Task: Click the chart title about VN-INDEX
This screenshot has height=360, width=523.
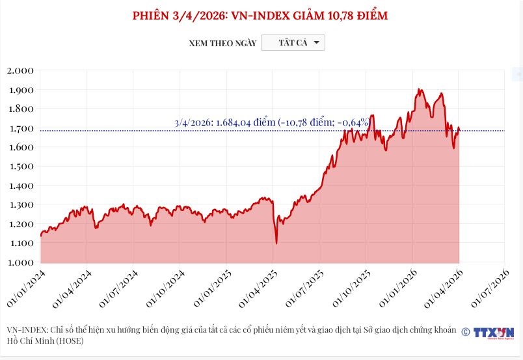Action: (260, 15)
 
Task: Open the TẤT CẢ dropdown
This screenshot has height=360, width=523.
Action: (292, 43)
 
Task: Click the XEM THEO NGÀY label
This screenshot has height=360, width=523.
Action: (222, 44)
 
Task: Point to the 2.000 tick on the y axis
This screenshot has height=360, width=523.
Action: (20, 70)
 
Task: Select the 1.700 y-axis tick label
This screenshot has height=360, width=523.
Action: (20, 128)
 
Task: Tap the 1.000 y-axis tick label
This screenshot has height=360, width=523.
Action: (20, 262)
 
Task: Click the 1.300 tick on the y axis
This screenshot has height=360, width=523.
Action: (20, 205)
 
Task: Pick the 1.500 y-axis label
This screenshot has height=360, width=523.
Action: (20, 167)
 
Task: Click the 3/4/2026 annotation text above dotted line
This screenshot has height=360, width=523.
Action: (272, 122)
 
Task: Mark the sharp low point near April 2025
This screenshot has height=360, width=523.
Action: (276, 243)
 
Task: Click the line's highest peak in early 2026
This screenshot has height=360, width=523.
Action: (419, 89)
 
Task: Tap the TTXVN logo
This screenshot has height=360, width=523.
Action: (494, 332)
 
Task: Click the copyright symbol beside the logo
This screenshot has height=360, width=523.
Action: (466, 332)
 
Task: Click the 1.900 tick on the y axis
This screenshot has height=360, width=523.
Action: (20, 90)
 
